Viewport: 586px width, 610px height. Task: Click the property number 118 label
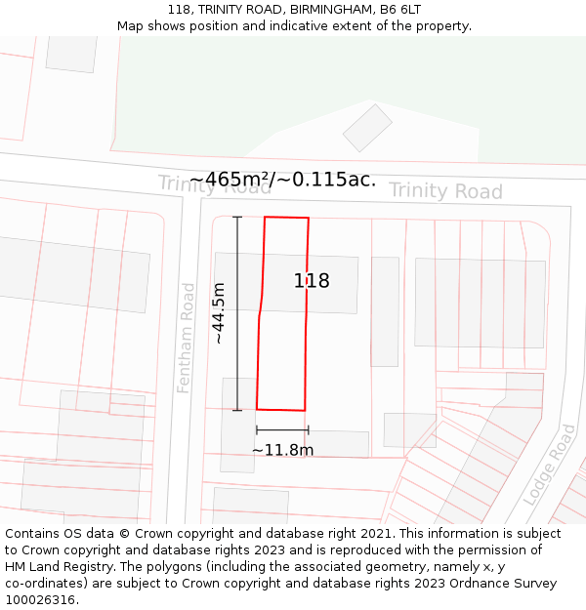312,281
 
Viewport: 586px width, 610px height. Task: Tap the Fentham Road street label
186,338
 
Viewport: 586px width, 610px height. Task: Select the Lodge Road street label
549,464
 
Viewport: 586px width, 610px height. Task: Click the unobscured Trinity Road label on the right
445,190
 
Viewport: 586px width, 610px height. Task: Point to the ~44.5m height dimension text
219,313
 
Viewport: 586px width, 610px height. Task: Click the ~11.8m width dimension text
282,450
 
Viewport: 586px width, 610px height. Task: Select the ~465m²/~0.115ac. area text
282,180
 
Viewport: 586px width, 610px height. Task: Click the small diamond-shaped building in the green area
367,128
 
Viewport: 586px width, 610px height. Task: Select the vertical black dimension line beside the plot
237,312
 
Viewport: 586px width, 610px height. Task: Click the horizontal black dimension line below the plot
282,429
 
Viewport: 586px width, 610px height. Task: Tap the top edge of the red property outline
287,218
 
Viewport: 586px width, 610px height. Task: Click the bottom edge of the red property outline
281,409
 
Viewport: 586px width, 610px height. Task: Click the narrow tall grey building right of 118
385,311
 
